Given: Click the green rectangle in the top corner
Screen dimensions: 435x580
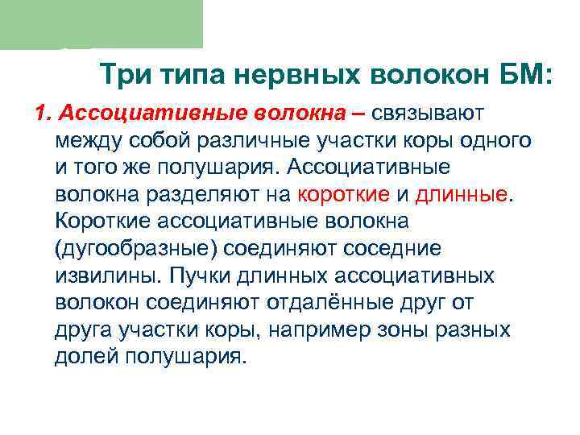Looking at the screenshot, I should click(101, 24).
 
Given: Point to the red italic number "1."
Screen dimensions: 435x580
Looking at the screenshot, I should click(44, 112).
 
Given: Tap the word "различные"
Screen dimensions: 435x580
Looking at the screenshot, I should click(260, 139).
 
